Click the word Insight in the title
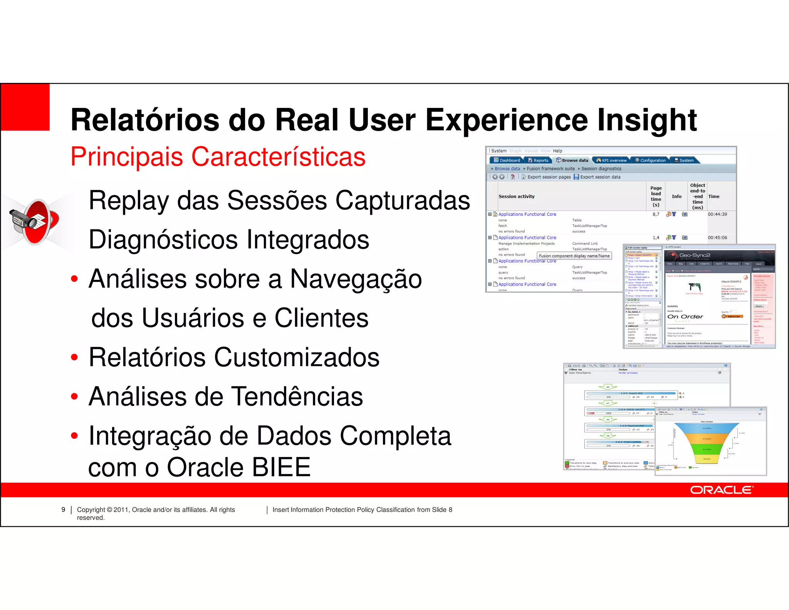click(x=647, y=120)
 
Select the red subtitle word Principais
click(x=127, y=157)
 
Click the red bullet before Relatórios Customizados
click(x=74, y=357)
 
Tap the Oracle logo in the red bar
click(x=721, y=490)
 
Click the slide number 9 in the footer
click(x=63, y=510)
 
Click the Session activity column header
click(x=516, y=197)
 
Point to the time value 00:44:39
click(x=717, y=214)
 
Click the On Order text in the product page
click(x=685, y=317)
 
